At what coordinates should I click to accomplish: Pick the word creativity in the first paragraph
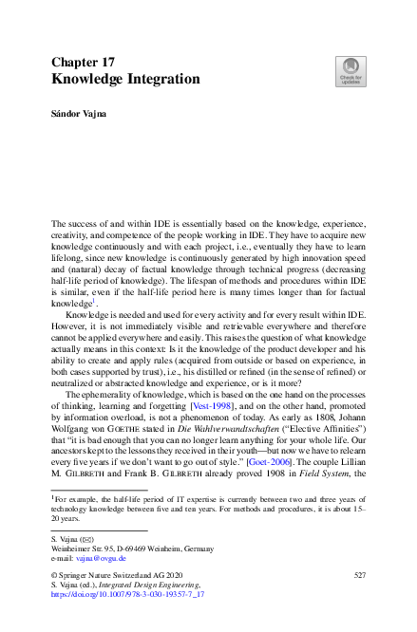pyautogui.click(x=69, y=242)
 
